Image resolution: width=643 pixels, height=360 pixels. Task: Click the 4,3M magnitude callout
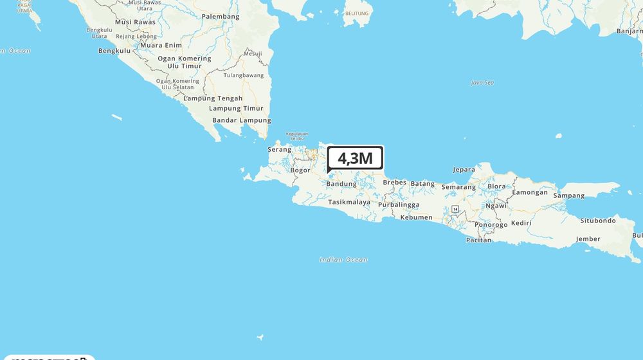click(x=355, y=157)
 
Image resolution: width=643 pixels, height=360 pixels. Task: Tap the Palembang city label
click(x=220, y=16)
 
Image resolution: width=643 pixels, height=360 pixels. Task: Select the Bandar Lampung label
click(x=241, y=120)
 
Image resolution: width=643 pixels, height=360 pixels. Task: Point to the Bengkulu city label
click(x=114, y=50)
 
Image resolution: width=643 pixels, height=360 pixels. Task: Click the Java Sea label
click(x=482, y=83)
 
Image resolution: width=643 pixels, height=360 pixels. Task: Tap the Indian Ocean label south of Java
click(x=343, y=260)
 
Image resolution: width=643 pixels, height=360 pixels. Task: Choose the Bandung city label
click(x=341, y=184)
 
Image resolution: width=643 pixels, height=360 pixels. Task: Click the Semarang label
click(x=458, y=187)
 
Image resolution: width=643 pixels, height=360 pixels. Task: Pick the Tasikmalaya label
click(x=349, y=202)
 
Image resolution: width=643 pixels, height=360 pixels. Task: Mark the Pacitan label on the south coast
click(x=478, y=240)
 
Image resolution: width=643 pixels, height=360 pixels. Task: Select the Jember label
click(x=588, y=239)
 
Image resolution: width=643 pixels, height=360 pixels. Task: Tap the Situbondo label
click(x=598, y=221)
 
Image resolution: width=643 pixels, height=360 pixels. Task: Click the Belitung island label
click(x=357, y=14)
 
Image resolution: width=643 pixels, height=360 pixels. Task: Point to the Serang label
click(x=279, y=149)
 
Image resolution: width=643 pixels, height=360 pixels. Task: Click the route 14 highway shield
click(x=455, y=209)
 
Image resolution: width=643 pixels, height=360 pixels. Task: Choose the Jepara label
click(x=464, y=170)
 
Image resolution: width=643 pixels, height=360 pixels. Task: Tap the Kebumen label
click(x=416, y=217)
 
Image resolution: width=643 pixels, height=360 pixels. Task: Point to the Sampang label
click(x=569, y=195)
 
